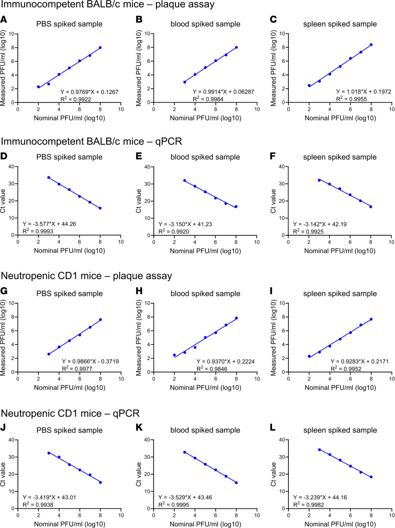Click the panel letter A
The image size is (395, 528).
point(4,19)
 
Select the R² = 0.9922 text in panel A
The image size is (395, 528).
point(76,99)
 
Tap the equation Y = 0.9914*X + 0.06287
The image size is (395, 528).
point(223,92)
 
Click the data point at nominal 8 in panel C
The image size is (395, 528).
point(371,45)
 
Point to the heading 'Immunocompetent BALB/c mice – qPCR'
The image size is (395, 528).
point(91,141)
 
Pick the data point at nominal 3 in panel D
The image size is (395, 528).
point(48,177)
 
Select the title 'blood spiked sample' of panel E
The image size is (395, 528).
point(205,157)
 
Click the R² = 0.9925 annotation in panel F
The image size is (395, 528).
point(308,231)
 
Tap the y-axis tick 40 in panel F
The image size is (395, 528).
point(282,166)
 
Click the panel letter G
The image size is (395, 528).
point(4,291)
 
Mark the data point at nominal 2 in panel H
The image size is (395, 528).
point(174,355)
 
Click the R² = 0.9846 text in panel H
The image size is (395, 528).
point(212,369)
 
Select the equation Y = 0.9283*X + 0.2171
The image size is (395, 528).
point(359,361)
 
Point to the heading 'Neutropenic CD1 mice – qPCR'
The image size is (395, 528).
point(70,413)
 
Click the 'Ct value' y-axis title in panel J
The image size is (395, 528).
point(3,474)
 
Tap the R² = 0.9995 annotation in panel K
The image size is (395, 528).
point(174,505)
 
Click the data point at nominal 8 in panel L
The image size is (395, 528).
point(371,477)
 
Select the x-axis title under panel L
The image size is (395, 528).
point(340,524)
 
